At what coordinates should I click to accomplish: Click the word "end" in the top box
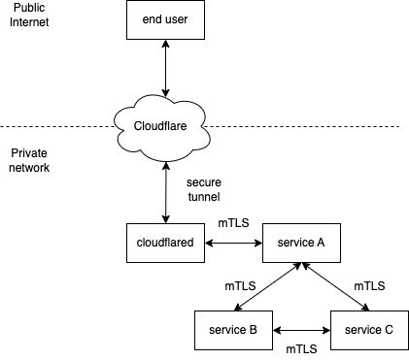152,19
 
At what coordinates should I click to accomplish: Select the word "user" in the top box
177,19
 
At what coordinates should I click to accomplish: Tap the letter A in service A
321,243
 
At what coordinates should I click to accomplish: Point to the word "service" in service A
294,243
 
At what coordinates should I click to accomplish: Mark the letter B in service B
253,330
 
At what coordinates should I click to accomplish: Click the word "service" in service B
226,330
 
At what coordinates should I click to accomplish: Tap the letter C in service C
389,330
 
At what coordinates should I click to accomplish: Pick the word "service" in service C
362,330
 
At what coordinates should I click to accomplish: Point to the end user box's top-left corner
127,1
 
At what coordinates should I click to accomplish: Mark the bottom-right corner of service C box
407,348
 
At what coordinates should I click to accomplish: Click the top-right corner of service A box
339,224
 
